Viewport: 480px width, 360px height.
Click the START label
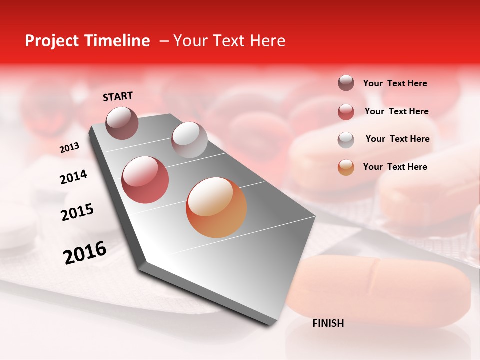coord(118,96)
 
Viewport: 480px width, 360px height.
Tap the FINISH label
coord(328,323)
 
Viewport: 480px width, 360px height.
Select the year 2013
coord(69,148)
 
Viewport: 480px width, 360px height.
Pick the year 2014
coord(73,177)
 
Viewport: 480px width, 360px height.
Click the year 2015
coord(77,212)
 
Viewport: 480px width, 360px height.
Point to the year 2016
coord(85,252)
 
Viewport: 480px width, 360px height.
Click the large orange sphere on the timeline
coord(216,207)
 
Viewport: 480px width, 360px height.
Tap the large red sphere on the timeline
coord(145,180)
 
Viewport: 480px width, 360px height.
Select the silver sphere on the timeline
coord(189,140)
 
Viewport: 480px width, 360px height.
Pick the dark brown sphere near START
coord(122,123)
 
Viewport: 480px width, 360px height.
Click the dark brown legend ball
coord(346,83)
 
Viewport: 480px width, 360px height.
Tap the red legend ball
coord(346,112)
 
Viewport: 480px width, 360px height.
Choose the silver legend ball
coord(346,139)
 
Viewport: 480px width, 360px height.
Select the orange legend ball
coord(346,167)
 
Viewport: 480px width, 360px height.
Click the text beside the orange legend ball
coord(395,167)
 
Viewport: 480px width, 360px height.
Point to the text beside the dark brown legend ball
coord(395,83)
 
